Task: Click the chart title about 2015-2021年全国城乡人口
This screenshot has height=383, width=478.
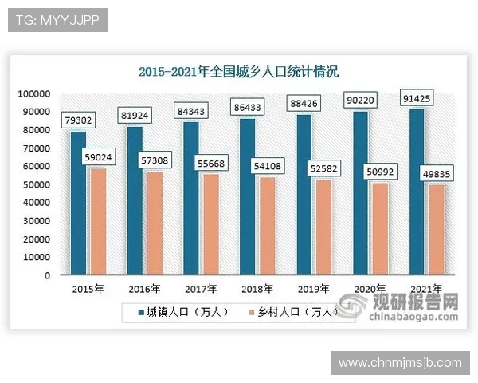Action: [x=238, y=72]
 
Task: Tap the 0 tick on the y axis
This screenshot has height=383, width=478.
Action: [x=47, y=275]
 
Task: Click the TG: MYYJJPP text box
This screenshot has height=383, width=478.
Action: [x=57, y=19]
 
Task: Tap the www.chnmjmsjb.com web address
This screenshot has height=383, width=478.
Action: [x=399, y=363]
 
